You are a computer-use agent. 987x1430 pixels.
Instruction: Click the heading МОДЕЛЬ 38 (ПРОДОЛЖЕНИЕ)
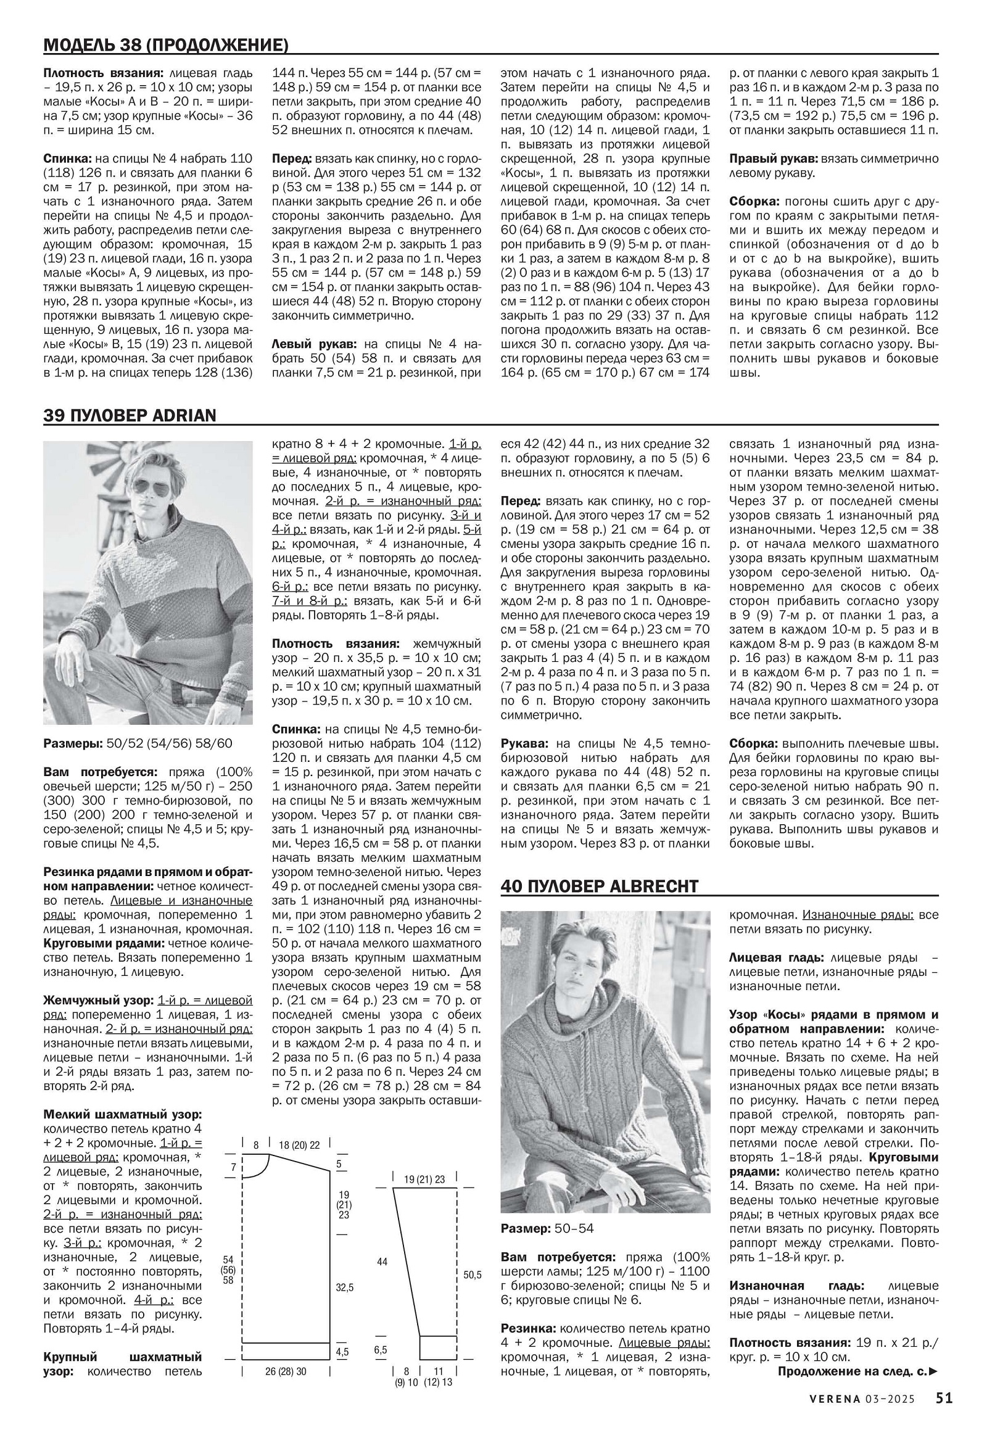166,45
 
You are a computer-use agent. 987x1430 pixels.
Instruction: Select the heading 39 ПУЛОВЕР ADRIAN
130,415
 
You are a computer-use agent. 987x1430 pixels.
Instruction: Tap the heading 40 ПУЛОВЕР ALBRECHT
599,887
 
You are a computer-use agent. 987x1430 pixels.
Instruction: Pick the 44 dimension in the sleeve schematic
382,1261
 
